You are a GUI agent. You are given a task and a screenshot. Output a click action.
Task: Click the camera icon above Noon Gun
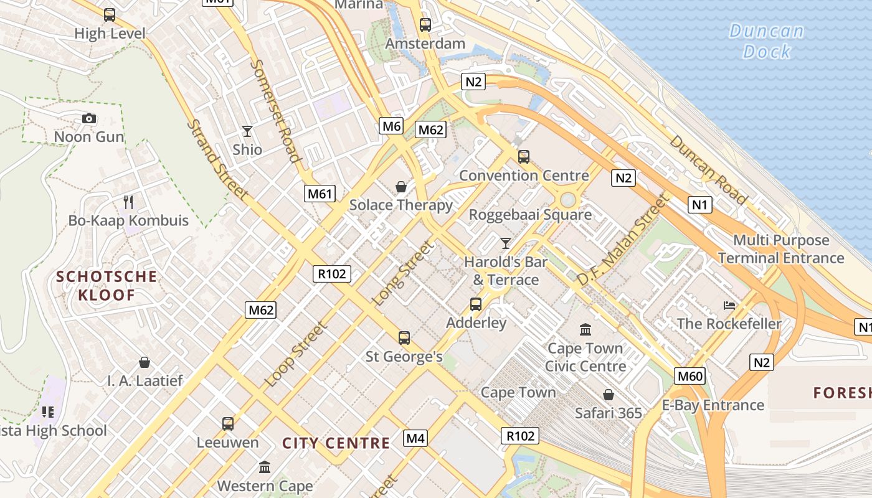point(89,118)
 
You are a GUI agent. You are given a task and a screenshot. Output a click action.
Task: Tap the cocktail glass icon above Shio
point(247,131)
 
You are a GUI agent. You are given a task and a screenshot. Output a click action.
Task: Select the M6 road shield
point(391,126)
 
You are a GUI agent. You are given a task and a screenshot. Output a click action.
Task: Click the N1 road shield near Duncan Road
point(700,204)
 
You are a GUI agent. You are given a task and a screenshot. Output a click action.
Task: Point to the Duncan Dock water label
point(767,41)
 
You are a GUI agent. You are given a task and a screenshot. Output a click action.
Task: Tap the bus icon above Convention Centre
point(524,156)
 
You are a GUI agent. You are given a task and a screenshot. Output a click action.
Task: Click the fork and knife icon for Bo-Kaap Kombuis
point(128,202)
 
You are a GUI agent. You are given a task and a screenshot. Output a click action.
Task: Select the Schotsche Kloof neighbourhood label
point(107,285)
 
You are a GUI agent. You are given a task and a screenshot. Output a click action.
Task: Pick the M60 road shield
point(690,375)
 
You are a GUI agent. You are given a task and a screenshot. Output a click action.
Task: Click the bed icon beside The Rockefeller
point(729,305)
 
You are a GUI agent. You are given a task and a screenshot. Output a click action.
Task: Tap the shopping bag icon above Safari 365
point(609,395)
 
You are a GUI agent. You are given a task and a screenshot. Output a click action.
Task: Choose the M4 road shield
point(415,438)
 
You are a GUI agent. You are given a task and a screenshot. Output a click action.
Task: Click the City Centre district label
point(336,443)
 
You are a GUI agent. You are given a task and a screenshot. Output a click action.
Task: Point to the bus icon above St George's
point(404,338)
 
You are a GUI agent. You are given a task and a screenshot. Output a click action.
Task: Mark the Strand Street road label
point(217,161)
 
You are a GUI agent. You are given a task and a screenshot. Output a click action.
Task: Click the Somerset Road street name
point(276,110)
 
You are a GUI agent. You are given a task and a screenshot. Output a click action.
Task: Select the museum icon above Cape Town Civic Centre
point(585,329)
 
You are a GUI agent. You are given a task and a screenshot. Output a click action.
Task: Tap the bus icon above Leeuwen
point(228,424)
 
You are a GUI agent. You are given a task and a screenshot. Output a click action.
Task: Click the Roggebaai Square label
point(530,215)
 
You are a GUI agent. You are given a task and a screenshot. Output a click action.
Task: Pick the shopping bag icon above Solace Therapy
point(401,186)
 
